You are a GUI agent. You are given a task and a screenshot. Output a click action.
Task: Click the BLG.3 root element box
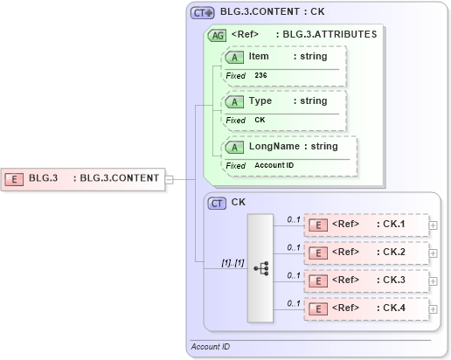(x=83, y=178)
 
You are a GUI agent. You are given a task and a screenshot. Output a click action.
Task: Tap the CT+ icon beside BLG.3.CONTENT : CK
(x=203, y=12)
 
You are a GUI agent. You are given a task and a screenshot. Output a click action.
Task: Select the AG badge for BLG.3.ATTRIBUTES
(x=217, y=35)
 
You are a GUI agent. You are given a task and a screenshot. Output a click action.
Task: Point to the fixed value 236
(x=260, y=75)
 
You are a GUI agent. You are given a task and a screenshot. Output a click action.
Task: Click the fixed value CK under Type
(x=260, y=120)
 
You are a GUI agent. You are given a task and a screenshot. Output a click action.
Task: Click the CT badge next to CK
(x=218, y=202)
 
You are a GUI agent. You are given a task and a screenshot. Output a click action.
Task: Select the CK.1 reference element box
(x=366, y=225)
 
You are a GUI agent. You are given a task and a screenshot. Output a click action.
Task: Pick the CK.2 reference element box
(x=366, y=253)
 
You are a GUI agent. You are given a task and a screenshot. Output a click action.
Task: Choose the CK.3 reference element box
(x=366, y=280)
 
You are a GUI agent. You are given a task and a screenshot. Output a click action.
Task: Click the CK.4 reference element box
(x=366, y=308)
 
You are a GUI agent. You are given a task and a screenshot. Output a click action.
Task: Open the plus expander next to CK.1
(x=434, y=225)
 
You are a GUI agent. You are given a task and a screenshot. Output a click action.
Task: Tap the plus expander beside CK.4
(x=434, y=308)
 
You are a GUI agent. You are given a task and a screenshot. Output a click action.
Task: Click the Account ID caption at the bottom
(x=211, y=347)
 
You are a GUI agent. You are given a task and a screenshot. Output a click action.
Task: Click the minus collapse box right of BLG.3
(x=170, y=179)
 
